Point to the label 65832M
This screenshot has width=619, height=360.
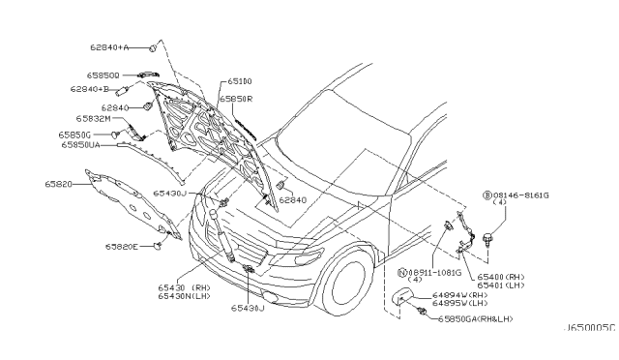tap(97, 119)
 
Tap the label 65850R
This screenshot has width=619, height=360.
tap(235, 99)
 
